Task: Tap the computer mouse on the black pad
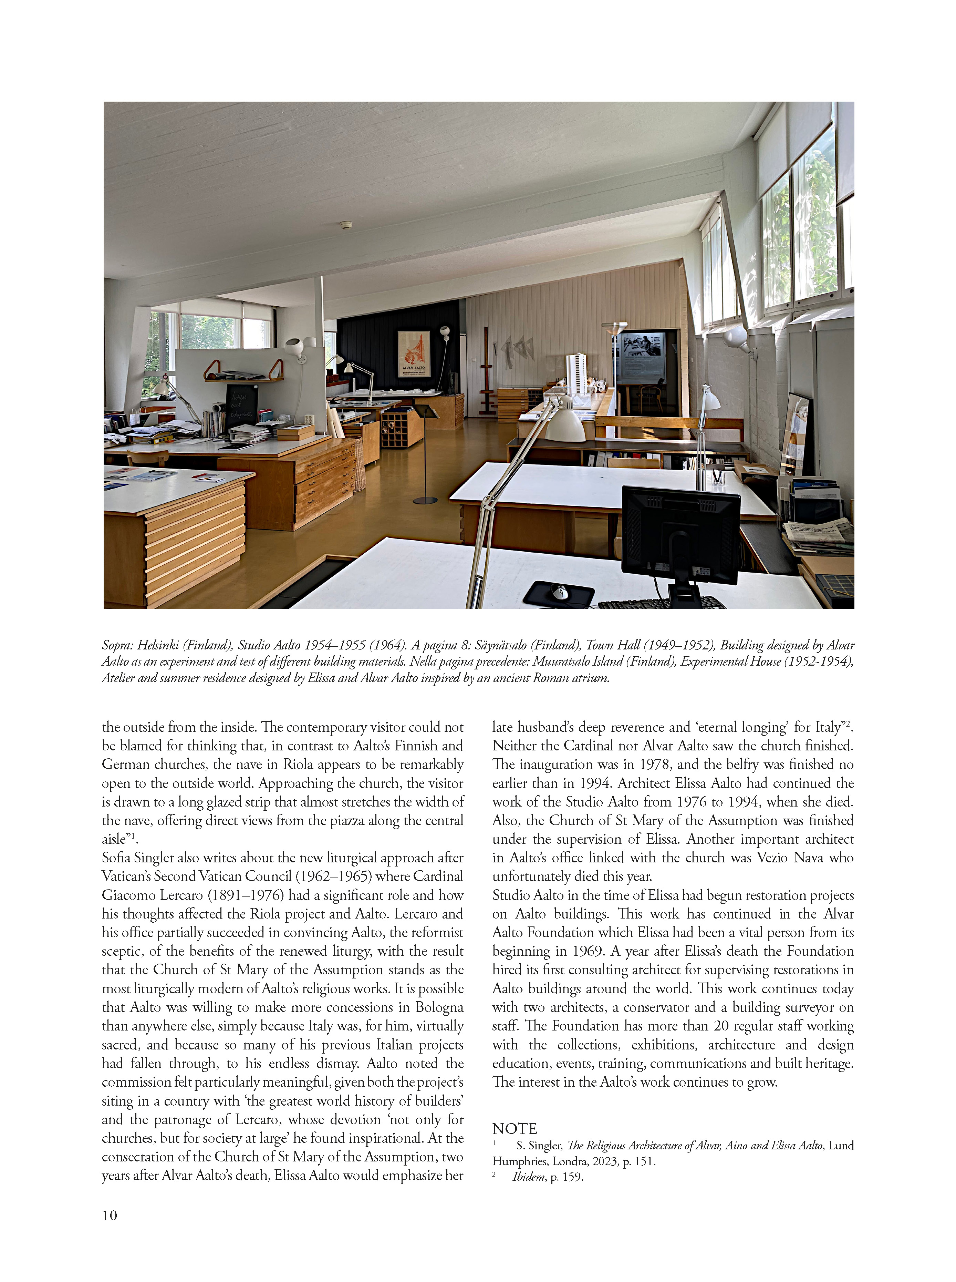559,592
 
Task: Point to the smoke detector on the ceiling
345,225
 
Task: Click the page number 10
110,1215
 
